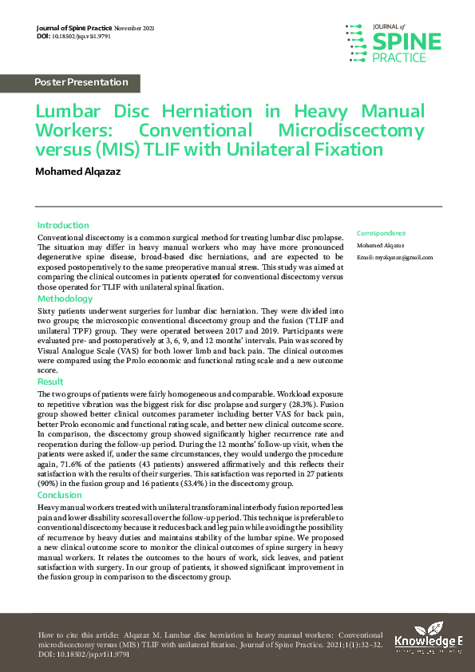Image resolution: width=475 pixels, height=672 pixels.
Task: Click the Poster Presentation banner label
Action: click(81, 82)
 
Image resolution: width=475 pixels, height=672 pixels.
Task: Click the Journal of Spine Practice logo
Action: click(392, 41)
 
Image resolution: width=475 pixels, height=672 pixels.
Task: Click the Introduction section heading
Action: click(63, 226)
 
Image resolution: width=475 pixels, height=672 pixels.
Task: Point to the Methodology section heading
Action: click(65, 298)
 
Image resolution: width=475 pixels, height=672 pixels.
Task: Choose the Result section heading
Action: click(50, 382)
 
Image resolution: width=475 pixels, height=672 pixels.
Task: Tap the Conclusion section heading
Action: click(60, 494)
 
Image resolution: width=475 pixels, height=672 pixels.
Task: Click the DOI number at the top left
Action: click(89, 37)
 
